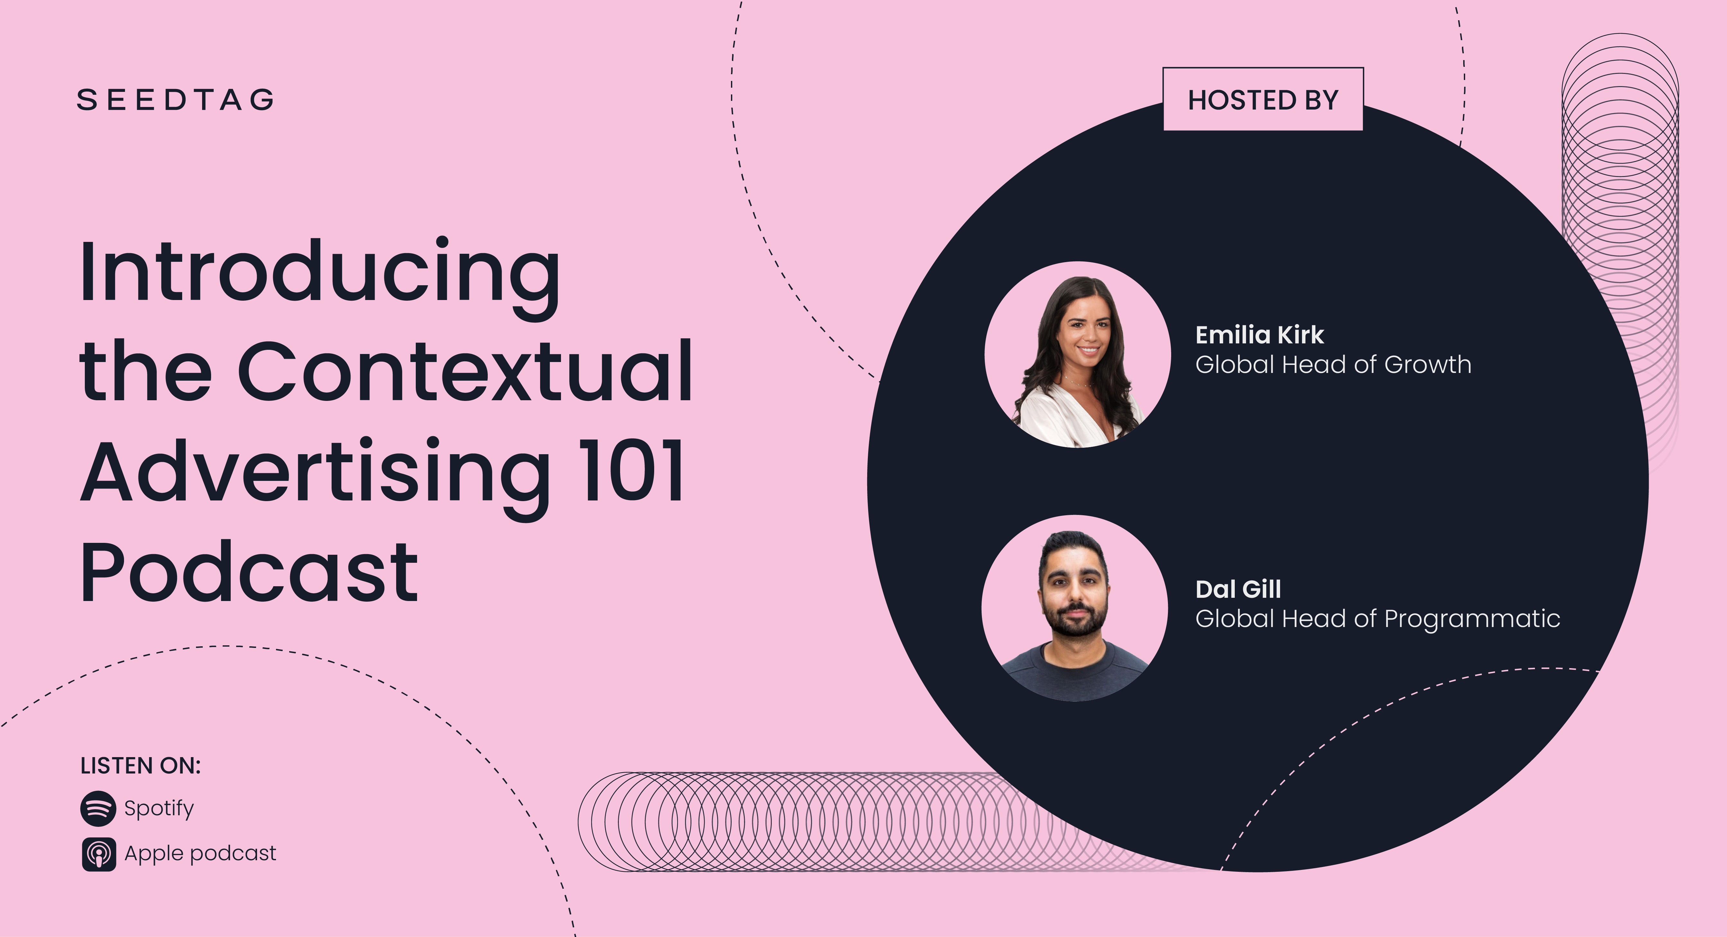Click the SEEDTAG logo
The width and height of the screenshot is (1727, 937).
tap(176, 100)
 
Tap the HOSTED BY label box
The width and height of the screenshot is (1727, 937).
tap(1263, 99)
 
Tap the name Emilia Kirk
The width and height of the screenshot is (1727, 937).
tap(1260, 334)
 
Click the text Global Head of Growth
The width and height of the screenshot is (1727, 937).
tap(1333, 365)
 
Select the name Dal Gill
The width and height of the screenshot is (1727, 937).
tap(1238, 589)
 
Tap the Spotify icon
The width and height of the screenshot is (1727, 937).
tap(98, 808)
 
